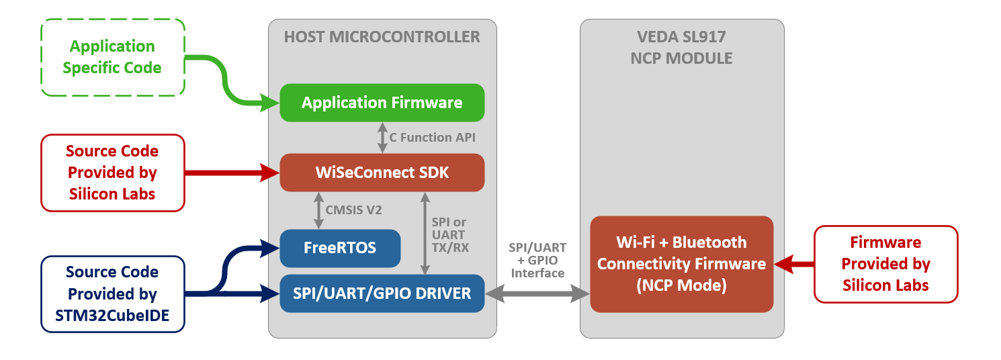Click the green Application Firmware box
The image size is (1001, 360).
tap(382, 103)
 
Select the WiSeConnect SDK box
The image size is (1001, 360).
tap(382, 173)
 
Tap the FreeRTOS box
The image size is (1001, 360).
tap(340, 248)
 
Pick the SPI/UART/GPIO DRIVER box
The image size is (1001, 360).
tap(382, 293)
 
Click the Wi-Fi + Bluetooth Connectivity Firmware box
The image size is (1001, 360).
tap(681, 263)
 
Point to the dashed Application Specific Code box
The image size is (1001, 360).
tap(112, 57)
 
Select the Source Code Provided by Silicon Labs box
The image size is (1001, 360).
tap(112, 173)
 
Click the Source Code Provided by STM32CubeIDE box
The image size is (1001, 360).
tap(112, 294)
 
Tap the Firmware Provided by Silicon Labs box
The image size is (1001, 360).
tap(885, 263)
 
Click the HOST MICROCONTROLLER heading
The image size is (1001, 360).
tap(382, 37)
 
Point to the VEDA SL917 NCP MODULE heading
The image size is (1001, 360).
tap(681, 47)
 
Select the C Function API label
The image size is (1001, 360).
tap(433, 138)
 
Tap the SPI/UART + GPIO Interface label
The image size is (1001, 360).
tap(537, 260)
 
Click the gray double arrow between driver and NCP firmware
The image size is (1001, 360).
tap(537, 293)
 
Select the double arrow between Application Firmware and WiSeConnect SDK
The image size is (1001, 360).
tap(382, 138)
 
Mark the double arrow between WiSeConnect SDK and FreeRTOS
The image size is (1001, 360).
tap(317, 210)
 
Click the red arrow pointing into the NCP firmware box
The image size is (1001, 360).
tap(794, 263)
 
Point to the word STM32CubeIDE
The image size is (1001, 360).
tap(112, 316)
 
